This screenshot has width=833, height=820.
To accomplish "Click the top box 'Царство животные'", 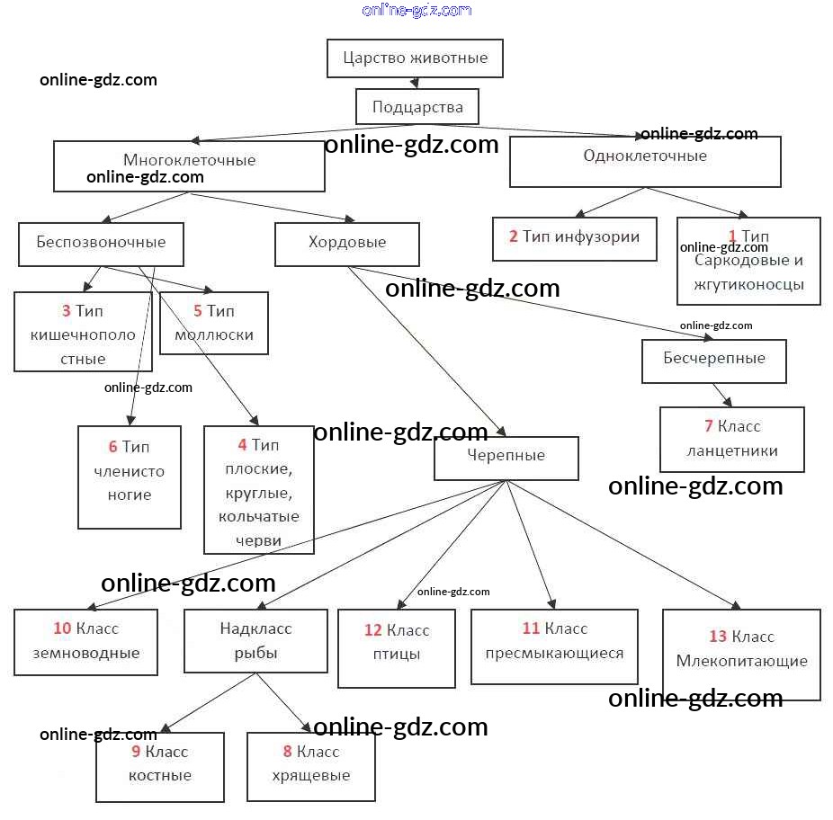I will click(415, 58).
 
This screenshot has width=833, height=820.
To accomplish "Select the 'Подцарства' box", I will click(417, 107).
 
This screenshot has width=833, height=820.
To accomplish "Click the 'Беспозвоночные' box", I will click(101, 243).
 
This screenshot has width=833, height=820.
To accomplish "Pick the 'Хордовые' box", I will click(347, 243).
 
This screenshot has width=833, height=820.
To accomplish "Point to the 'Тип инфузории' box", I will click(575, 237).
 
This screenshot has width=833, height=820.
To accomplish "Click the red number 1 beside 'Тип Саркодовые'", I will click(732, 236).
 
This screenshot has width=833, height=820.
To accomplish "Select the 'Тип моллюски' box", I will click(214, 323).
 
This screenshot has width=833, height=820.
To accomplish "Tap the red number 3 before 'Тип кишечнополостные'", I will click(66, 311).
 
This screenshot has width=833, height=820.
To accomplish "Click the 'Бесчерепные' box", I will click(714, 359).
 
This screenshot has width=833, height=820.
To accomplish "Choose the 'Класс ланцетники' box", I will click(731, 439).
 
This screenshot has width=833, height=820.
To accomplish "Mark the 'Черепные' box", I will click(506, 456).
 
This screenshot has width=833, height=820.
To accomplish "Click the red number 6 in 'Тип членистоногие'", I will click(112, 447).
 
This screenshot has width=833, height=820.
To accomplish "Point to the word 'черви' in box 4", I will click(259, 540).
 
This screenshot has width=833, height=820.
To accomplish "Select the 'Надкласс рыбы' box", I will click(255, 641).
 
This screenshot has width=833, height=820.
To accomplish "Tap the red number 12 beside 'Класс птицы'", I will click(373, 630).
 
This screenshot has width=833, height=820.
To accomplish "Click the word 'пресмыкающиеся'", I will click(554, 654).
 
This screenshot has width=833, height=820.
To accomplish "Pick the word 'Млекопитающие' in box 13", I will click(741, 661).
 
